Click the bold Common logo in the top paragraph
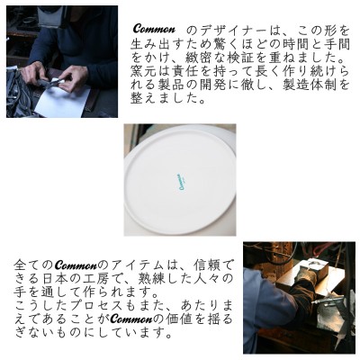tap(154, 29)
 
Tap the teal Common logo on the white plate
tap(181, 180)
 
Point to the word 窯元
tap(141, 72)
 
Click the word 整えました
tap(164, 99)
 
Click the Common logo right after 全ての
tap(77, 265)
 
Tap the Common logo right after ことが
tap(130, 319)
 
